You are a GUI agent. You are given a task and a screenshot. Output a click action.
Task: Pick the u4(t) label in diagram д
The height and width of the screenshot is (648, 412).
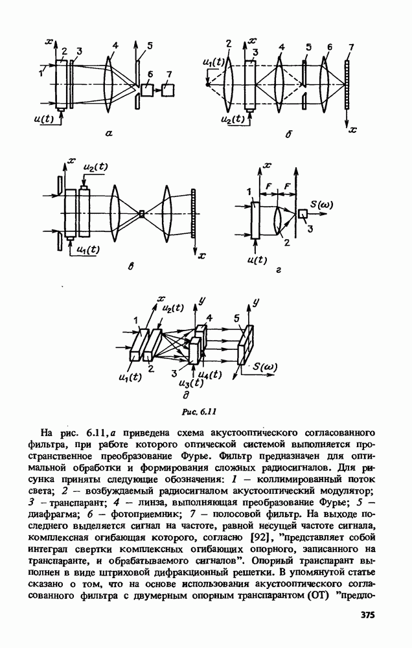210,374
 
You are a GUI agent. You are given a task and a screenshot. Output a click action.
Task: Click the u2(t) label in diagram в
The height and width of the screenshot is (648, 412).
96,167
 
